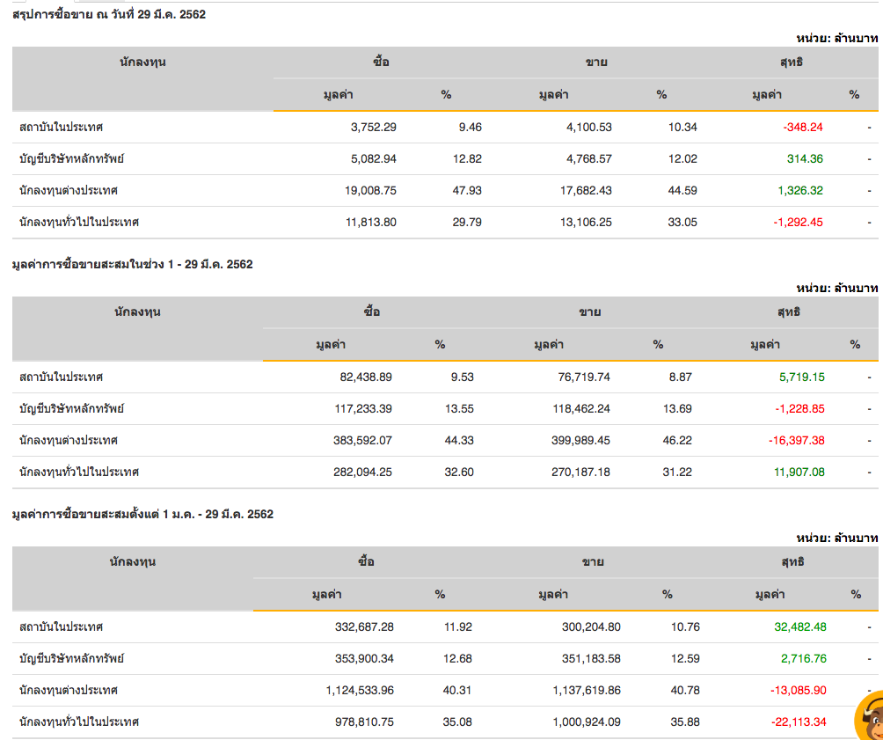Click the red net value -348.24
point(802,127)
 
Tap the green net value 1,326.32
point(799,190)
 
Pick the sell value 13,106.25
point(577,222)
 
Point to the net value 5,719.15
point(800,377)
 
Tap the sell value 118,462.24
point(574,408)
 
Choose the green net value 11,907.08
point(799,472)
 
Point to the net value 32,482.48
point(799,626)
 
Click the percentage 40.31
point(457,690)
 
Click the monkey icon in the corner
point(869,715)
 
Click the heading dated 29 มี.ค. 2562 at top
point(109,14)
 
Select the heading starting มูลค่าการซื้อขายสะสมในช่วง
point(133,264)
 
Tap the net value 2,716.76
point(802,658)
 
